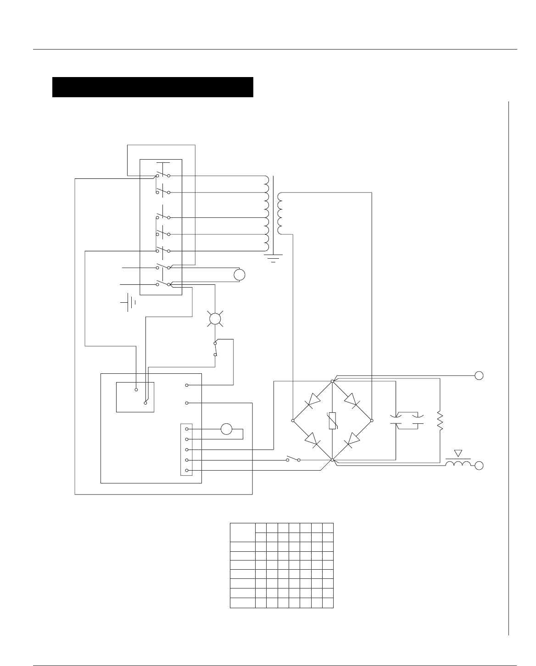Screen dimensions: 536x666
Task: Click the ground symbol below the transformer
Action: pos(273,258)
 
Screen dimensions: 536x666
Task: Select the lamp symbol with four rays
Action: pos(215,318)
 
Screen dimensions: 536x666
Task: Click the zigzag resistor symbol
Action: pos(440,421)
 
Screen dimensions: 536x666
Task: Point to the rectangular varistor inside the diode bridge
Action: pos(332,421)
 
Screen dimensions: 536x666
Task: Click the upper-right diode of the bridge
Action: pos(352,400)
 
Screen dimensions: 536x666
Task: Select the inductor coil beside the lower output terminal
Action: pos(458,465)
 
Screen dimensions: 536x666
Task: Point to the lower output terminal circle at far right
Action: pos(479,466)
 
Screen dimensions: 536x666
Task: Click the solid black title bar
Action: pos(153,87)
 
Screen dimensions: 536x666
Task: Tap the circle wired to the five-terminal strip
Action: pos(227,429)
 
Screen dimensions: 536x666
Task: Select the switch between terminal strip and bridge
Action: pos(293,459)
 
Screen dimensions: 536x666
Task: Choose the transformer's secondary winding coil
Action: pos(280,213)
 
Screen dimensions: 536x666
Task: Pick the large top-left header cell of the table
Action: pos(242,532)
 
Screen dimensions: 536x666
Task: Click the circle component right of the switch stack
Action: pos(240,275)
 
